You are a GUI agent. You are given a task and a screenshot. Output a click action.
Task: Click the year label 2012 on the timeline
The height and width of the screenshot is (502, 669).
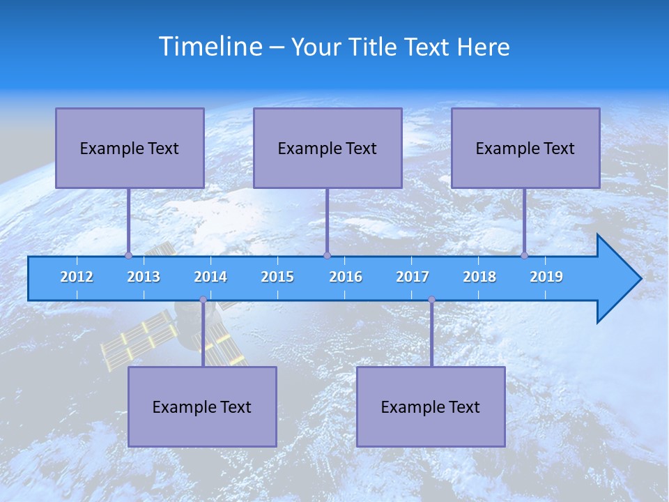click(x=77, y=277)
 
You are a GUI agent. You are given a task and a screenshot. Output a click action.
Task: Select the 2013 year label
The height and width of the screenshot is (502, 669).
click(x=144, y=277)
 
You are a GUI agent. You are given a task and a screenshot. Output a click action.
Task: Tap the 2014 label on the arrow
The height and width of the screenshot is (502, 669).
click(x=210, y=277)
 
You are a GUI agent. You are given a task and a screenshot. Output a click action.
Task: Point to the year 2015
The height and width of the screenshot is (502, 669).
click(x=277, y=277)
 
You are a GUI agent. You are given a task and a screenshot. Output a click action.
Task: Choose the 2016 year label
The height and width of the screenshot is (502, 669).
click(x=346, y=277)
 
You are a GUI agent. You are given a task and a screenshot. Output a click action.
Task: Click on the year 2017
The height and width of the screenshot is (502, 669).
click(x=413, y=277)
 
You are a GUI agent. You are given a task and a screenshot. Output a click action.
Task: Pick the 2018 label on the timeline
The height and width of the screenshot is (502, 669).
click(x=479, y=277)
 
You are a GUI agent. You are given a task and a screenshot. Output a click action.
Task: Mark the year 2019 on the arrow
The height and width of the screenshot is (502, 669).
click(x=546, y=277)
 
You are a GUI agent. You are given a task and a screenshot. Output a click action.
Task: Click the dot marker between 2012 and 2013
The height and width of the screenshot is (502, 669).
click(x=128, y=255)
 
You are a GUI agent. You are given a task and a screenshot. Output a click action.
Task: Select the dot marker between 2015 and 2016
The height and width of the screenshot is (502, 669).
click(x=327, y=255)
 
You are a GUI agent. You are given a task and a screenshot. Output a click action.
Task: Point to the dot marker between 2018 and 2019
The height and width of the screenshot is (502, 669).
click(x=524, y=255)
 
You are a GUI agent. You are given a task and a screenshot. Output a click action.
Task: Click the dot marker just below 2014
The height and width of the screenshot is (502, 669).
click(x=203, y=299)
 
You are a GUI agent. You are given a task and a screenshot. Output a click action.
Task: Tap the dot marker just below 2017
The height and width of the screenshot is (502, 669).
click(x=431, y=299)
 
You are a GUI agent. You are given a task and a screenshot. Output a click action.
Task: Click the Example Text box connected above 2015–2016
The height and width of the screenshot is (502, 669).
click(x=328, y=148)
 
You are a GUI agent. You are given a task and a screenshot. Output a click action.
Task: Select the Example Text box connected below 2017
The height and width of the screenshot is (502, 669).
click(x=431, y=406)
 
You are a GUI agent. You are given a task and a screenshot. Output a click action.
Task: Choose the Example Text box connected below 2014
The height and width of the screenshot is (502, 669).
click(x=202, y=406)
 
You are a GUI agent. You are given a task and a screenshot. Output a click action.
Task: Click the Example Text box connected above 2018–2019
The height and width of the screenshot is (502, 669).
click(x=525, y=148)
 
